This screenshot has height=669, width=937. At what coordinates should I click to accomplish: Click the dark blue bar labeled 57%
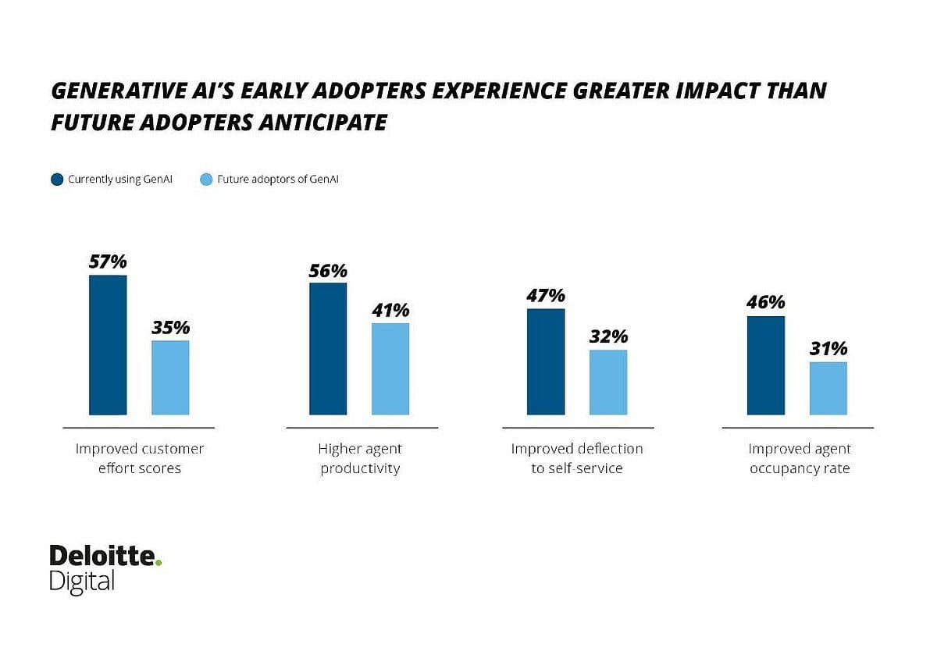point(108,345)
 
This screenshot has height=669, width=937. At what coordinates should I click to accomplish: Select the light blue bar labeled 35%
point(170,378)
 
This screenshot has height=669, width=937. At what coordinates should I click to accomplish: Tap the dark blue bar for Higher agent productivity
point(328,349)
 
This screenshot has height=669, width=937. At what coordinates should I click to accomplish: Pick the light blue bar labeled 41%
point(390,368)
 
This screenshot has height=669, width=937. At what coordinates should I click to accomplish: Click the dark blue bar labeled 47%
point(546,361)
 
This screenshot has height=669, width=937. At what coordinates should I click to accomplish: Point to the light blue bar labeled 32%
point(608,383)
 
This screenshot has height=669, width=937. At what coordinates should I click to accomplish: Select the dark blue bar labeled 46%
point(766,365)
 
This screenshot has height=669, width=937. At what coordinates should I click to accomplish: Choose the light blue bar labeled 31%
point(828,388)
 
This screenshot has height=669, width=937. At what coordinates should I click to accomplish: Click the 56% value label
point(328,271)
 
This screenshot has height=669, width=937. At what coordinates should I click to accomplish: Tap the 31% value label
point(828,349)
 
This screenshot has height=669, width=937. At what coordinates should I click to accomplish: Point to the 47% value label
point(546,296)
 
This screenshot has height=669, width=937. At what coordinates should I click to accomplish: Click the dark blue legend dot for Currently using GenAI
point(57,180)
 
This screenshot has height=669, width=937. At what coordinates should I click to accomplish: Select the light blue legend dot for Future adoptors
point(206,180)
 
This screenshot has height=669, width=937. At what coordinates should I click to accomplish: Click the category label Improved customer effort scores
point(139,459)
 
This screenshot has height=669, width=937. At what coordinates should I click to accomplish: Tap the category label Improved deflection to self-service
point(577,459)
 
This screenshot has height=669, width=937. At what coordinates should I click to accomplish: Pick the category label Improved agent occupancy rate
point(799,459)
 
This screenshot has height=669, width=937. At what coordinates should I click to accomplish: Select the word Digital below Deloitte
point(82,582)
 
